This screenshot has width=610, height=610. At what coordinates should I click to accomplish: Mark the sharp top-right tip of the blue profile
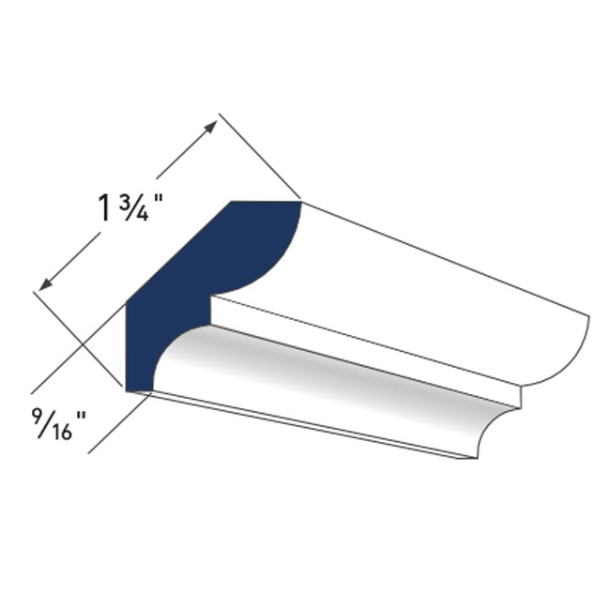tap(299, 201)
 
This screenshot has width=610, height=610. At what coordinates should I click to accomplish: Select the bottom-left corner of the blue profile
tap(127, 387)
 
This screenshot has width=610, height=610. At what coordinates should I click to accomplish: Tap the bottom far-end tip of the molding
tap(475, 458)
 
